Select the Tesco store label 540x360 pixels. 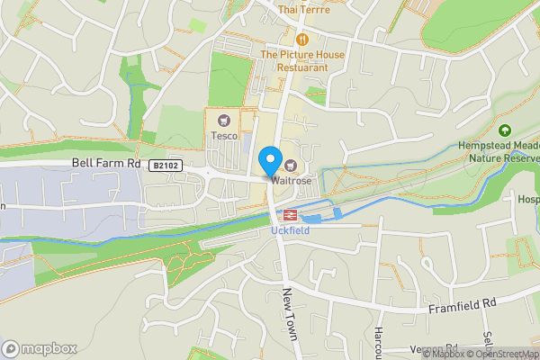(x=224, y=136)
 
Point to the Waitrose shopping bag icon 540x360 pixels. (x=291, y=165)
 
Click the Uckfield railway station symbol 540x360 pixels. (x=291, y=215)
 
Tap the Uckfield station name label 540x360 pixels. (x=291, y=231)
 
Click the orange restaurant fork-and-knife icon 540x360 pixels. (x=303, y=39)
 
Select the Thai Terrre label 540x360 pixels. (x=304, y=10)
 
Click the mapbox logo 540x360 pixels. (x=40, y=348)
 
